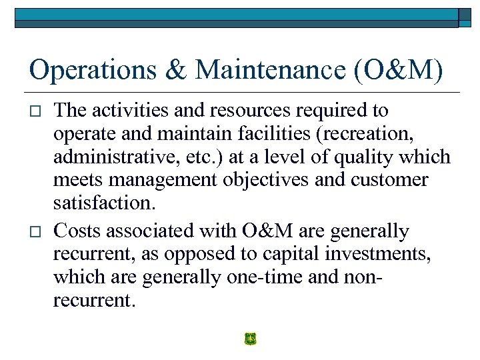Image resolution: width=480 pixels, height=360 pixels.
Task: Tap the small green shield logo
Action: click(250, 339)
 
